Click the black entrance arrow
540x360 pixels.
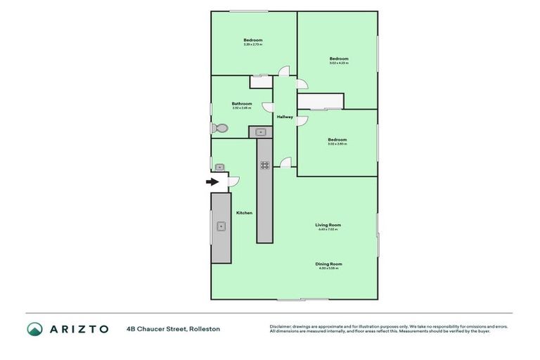click(x=212, y=181)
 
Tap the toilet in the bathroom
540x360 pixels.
click(x=219, y=129)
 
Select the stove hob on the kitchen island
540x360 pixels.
click(x=264, y=165)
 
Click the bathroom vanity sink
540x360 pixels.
click(x=259, y=131)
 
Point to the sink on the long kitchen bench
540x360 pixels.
click(x=221, y=226)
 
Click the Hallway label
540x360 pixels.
click(x=285, y=117)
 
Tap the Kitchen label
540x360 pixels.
click(x=244, y=212)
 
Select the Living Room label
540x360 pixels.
click(x=328, y=225)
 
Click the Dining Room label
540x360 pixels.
click(x=328, y=264)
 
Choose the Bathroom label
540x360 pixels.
click(x=242, y=103)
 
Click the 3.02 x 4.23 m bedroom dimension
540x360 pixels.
click(x=339, y=63)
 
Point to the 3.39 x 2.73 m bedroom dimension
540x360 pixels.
click(x=253, y=45)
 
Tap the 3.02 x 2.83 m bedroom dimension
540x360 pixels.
click(x=337, y=144)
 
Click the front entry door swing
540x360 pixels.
click(x=233, y=181)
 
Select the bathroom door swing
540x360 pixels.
click(x=268, y=106)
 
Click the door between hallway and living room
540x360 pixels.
click(x=285, y=162)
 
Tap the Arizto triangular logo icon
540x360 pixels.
click(x=35, y=329)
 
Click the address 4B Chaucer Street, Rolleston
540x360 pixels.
click(x=173, y=329)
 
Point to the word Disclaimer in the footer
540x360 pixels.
click(x=282, y=326)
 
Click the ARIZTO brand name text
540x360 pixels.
click(x=78, y=329)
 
